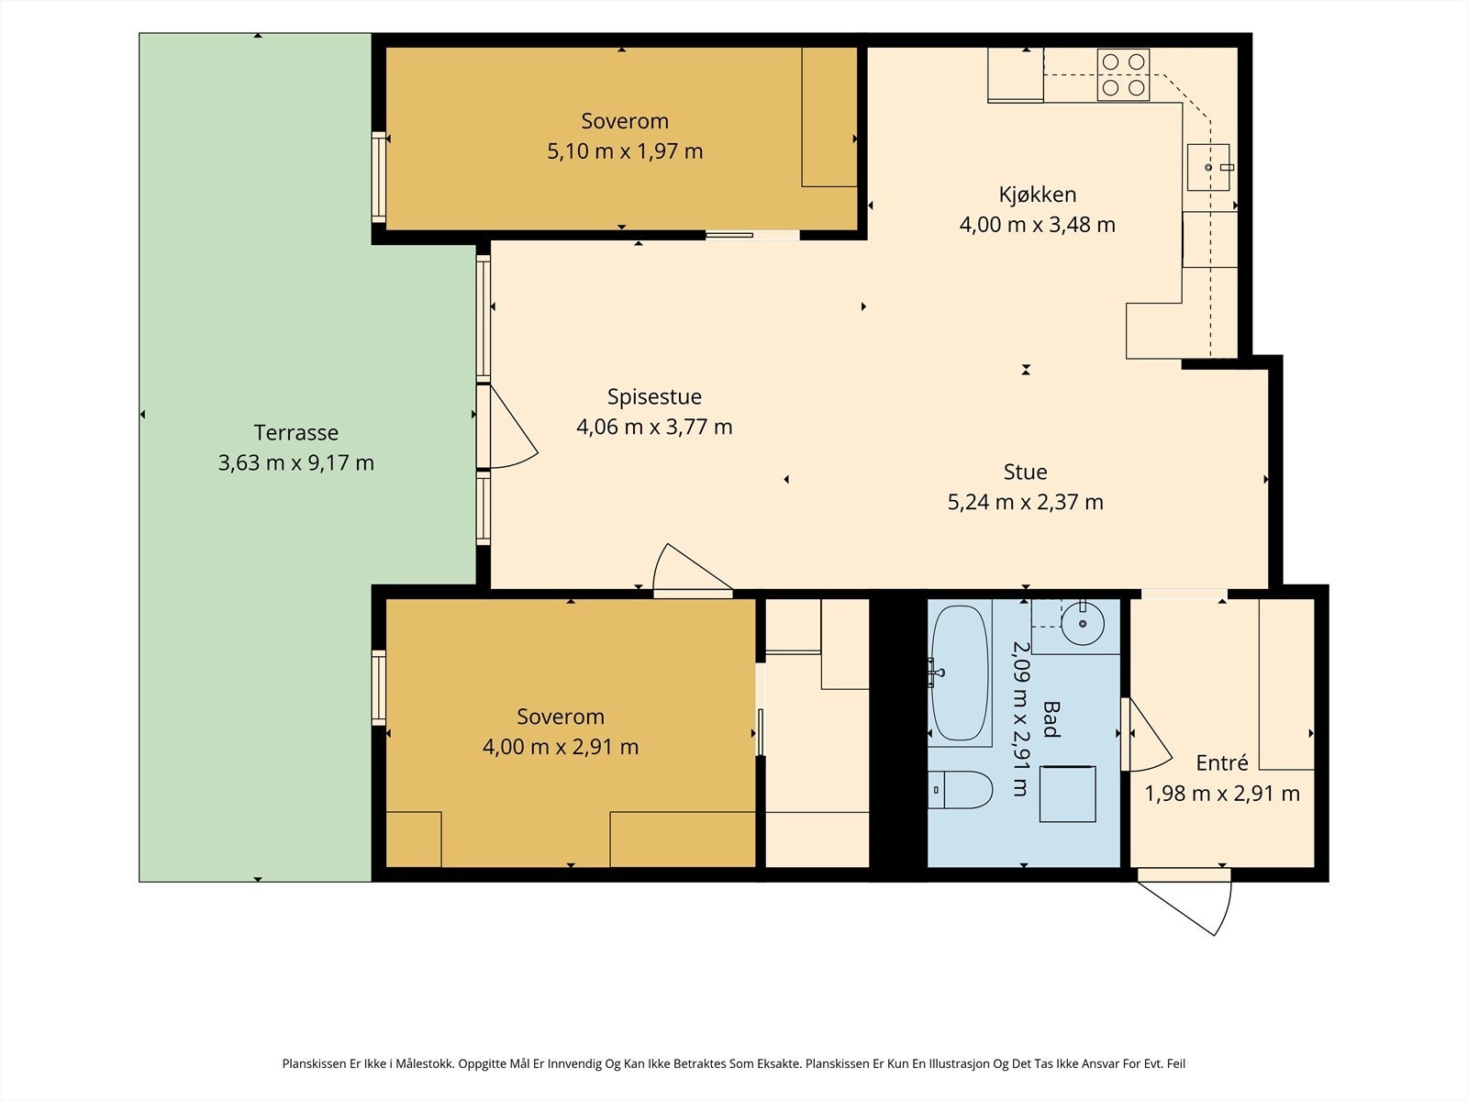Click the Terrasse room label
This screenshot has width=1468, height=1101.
(x=295, y=432)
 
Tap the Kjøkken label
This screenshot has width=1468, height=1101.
(x=1038, y=195)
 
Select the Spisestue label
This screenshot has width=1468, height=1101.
(x=654, y=397)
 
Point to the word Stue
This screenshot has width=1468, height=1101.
(x=1025, y=472)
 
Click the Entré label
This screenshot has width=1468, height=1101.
(x=1222, y=762)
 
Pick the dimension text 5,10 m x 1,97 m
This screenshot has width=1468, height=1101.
(x=625, y=151)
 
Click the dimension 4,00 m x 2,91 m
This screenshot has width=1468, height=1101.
(x=561, y=747)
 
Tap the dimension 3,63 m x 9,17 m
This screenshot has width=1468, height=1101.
(x=295, y=462)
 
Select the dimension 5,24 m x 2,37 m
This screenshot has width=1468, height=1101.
(x=1025, y=502)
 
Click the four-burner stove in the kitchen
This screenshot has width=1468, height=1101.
(x=1123, y=75)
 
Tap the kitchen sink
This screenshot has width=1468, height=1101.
(x=1208, y=167)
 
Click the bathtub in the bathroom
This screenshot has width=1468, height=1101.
(x=959, y=673)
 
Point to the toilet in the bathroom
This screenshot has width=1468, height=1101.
(x=961, y=789)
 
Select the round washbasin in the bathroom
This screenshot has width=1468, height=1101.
(x=1082, y=623)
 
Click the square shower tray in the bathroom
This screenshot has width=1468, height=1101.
(x=1067, y=794)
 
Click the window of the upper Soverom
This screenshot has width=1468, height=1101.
(x=379, y=177)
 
